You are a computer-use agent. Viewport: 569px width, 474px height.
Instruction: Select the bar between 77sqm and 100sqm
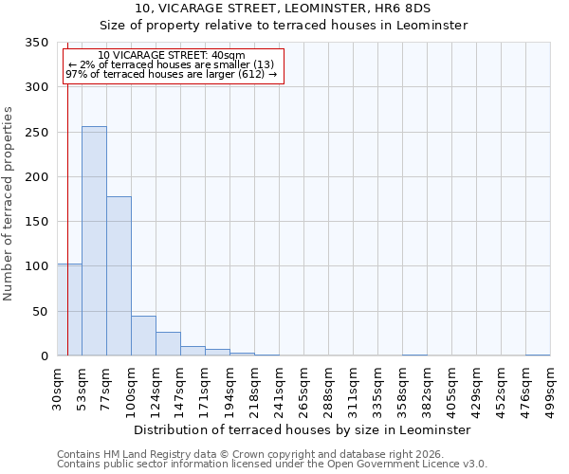pyautogui.click(x=119, y=276)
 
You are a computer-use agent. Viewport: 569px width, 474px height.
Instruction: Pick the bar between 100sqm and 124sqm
pyautogui.click(x=143, y=336)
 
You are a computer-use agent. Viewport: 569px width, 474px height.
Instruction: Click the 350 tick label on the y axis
pyautogui.click(x=37, y=43)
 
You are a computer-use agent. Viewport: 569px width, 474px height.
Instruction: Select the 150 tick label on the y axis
pyautogui.click(x=37, y=222)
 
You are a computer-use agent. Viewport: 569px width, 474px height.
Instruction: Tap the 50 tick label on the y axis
pyautogui.click(x=41, y=311)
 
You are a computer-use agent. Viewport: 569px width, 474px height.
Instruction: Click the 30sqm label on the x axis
pyautogui.click(x=58, y=389)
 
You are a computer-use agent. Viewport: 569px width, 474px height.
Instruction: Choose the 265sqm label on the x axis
pyautogui.click(x=303, y=389)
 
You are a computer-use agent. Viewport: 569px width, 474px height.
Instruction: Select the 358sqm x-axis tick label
pyautogui.click(x=402, y=389)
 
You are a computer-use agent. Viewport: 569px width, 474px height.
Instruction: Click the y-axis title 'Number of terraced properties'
pyautogui.click(x=9, y=204)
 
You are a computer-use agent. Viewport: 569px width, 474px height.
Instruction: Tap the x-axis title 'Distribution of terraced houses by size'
pyautogui.click(x=302, y=429)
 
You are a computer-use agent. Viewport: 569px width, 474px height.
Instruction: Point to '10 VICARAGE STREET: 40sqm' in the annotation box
pyautogui.click(x=172, y=56)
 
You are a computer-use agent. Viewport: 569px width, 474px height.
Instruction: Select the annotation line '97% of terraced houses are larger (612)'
pyautogui.click(x=172, y=75)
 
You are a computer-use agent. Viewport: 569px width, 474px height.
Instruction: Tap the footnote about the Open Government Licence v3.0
pyautogui.click(x=271, y=465)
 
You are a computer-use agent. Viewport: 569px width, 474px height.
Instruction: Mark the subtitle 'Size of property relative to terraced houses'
pyautogui.click(x=284, y=26)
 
